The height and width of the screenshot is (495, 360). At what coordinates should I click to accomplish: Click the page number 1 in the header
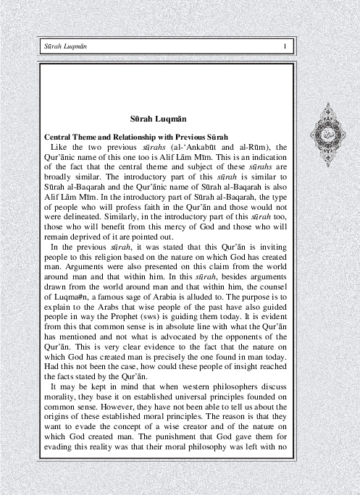click(285, 48)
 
